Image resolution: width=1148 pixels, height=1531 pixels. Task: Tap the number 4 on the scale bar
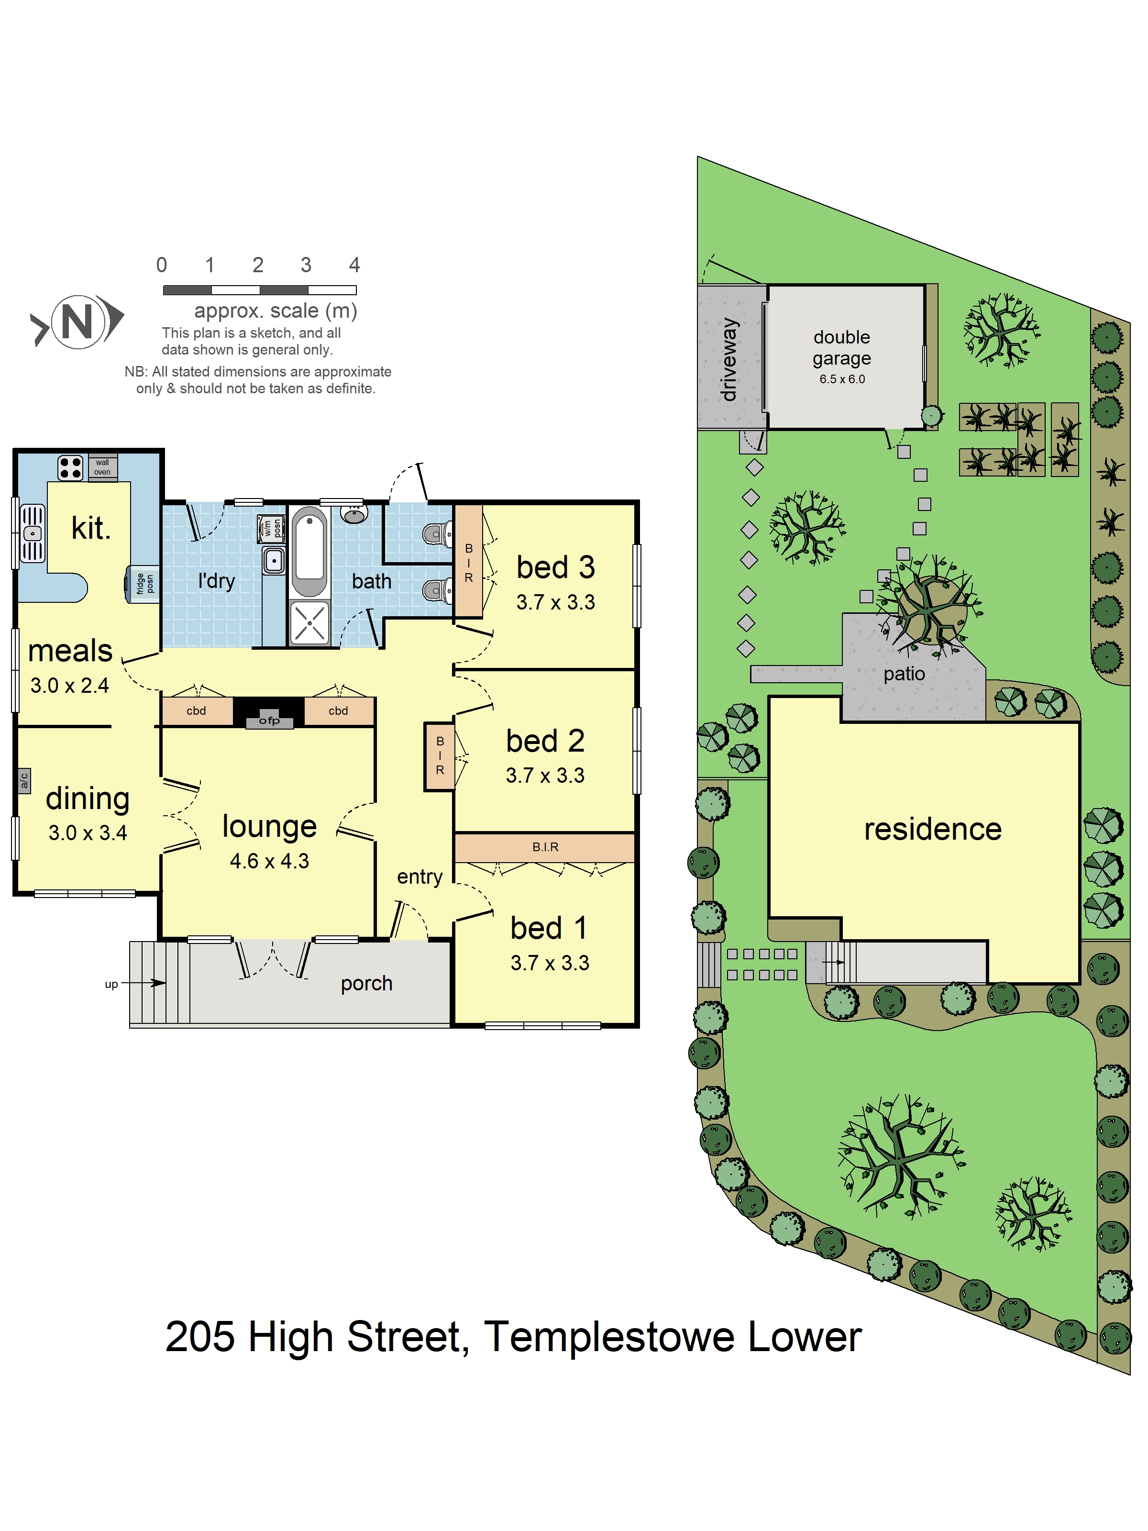[x=354, y=265]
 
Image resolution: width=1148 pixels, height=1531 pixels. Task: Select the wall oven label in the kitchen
[x=102, y=467]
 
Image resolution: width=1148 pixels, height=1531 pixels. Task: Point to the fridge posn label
[x=144, y=584]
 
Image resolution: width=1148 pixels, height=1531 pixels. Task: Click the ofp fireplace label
[x=269, y=721]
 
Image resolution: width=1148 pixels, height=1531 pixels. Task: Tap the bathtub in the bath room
[x=309, y=552]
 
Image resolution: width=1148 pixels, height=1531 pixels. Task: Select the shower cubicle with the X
[x=309, y=623]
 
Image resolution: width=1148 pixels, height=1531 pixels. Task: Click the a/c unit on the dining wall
[x=24, y=781]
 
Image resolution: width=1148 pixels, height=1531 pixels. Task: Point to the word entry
[x=419, y=877]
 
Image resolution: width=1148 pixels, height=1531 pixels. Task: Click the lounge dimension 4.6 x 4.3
[x=269, y=861]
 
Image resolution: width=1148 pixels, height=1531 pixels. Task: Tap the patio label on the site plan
[x=904, y=674]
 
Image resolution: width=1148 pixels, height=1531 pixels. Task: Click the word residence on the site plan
[x=933, y=829]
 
